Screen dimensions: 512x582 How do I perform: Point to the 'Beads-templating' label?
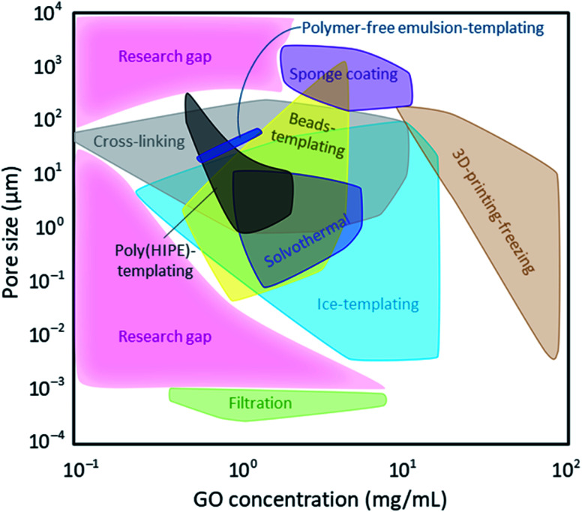click(318, 135)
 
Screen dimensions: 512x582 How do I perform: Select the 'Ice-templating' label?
click(367, 304)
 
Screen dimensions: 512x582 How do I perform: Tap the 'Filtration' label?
click(260, 403)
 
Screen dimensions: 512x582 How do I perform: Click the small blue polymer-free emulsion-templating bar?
click(229, 145)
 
